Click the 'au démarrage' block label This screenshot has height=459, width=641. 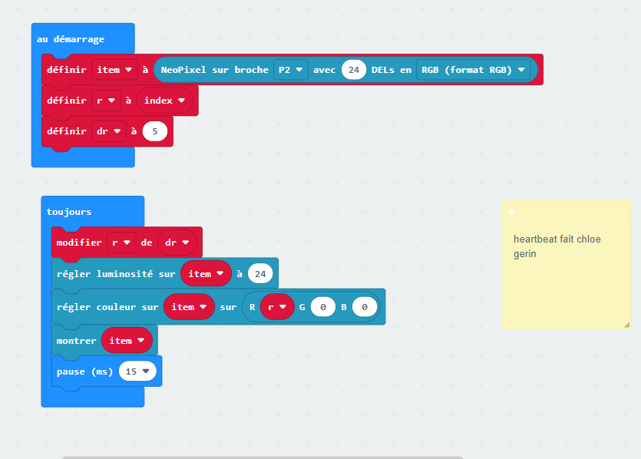click(x=71, y=39)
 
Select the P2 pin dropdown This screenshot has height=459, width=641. click(x=290, y=70)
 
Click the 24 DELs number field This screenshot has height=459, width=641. click(x=354, y=70)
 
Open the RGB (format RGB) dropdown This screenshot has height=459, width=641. click(x=473, y=70)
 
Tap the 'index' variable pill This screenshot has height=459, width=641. click(x=164, y=101)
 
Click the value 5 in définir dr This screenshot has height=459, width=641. click(x=155, y=131)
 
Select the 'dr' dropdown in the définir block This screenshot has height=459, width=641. click(x=109, y=131)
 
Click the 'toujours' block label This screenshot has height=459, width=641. click(x=68, y=212)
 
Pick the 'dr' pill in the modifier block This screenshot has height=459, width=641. click(x=177, y=243)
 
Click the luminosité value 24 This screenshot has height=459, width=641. click(x=260, y=274)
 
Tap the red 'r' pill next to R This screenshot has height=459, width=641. click(x=277, y=307)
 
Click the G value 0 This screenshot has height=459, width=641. click(x=323, y=307)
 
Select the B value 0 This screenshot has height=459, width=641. click(x=365, y=307)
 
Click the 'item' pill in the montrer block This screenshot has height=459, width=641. click(x=127, y=341)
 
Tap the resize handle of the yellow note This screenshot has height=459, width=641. click(x=627, y=325)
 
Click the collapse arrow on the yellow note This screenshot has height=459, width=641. click(x=512, y=212)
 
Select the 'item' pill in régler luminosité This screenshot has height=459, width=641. click(x=206, y=274)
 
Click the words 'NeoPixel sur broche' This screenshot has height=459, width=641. click(x=214, y=70)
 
